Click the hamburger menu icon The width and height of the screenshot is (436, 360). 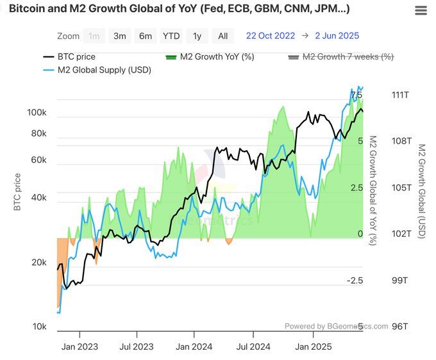coord(421,10)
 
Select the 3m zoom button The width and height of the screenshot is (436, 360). coord(120,36)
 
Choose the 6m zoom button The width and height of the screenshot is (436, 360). coord(146,36)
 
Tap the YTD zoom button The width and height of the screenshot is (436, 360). coord(171,36)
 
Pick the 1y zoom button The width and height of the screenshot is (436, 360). coord(197,36)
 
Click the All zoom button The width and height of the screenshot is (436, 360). coord(222,36)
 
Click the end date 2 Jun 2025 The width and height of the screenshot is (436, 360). coord(337,36)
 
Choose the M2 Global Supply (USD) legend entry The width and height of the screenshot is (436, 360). coord(97,70)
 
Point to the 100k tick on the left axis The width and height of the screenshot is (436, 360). coord(37,113)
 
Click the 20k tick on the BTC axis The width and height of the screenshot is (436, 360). coord(38,262)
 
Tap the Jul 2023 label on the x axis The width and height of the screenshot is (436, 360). coord(137,347)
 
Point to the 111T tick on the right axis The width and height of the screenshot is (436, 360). coord(400,95)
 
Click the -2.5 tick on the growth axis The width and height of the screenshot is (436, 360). coord(355,280)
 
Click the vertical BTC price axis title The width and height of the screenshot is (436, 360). coord(17,192)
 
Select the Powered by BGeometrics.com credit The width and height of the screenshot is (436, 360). coord(336,326)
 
